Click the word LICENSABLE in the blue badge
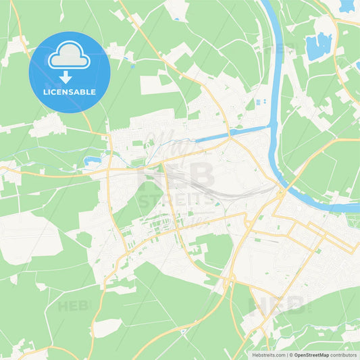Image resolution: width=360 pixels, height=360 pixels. pos(70,91)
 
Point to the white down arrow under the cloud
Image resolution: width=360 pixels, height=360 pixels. pos(70,76)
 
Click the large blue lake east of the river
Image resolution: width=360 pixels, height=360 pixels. pos(318,46)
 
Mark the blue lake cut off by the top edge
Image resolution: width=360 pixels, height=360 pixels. pos(346,5)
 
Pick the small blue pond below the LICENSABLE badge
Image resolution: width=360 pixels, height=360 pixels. pos(93,161)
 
